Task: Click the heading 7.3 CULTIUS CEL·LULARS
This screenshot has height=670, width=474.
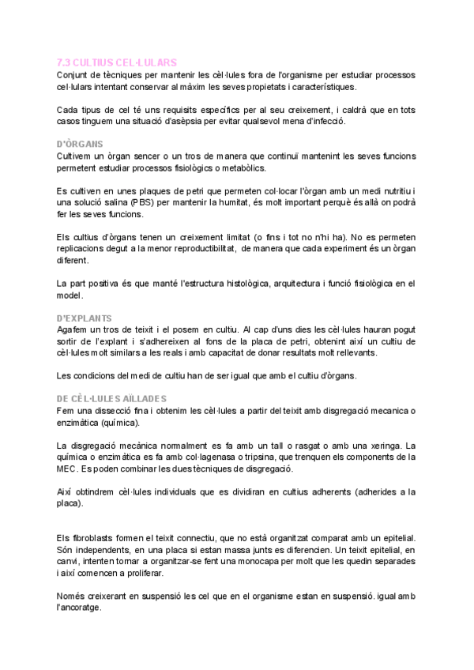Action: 118,62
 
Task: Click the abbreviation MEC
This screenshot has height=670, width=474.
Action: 71,469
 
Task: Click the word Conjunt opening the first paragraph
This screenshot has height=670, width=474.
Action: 77,74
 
